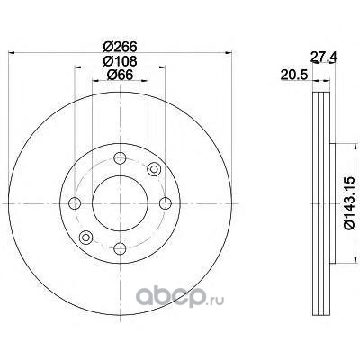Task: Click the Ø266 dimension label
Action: tap(120, 47)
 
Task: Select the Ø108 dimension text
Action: tap(120, 61)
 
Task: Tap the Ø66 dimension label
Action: tap(120, 75)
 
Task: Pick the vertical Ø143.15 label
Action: tap(350, 203)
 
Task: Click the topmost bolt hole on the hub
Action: tap(120, 158)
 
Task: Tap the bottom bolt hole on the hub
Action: tap(120, 248)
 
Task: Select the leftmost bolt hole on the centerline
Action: tap(75, 203)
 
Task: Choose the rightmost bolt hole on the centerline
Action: tap(166, 203)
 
